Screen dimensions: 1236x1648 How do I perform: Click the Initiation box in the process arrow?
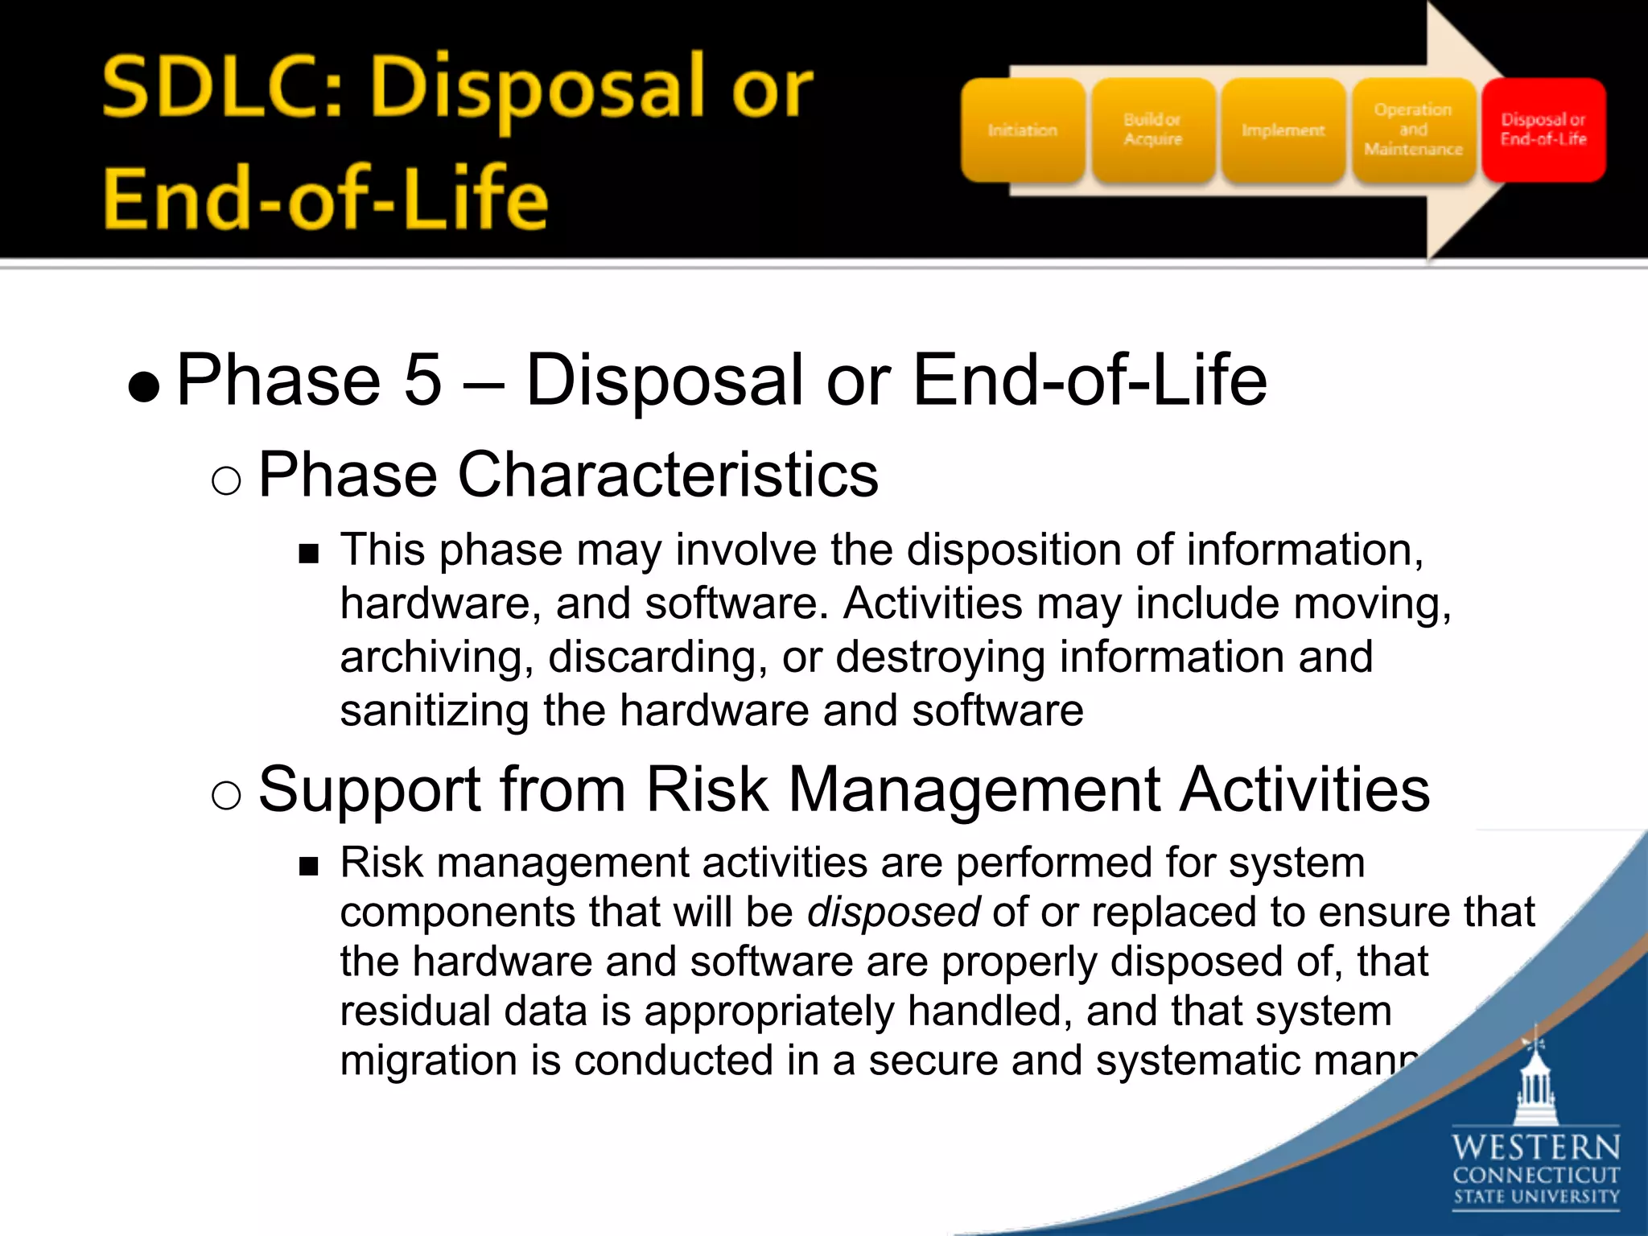point(1023,130)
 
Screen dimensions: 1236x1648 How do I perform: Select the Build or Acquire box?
point(1153,130)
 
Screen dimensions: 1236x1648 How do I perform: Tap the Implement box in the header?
point(1283,130)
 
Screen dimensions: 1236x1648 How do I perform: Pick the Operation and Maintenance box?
point(1414,130)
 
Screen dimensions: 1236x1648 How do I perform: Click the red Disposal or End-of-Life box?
point(1543,130)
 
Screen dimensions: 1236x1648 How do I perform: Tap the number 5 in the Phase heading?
point(423,380)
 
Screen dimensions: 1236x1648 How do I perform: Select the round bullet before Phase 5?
point(144,387)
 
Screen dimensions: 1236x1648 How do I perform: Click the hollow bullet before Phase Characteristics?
point(226,481)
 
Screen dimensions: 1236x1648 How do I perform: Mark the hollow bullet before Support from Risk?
point(226,795)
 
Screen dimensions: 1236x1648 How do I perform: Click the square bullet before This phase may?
point(309,554)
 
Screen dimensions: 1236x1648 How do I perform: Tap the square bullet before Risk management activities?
point(309,867)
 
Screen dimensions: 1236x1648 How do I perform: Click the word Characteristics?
point(668,475)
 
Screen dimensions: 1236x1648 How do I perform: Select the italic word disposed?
point(893,913)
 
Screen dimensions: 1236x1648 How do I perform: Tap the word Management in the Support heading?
point(974,790)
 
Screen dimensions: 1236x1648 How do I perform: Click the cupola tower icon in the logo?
point(1536,1078)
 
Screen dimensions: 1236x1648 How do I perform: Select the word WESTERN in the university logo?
point(1536,1147)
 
